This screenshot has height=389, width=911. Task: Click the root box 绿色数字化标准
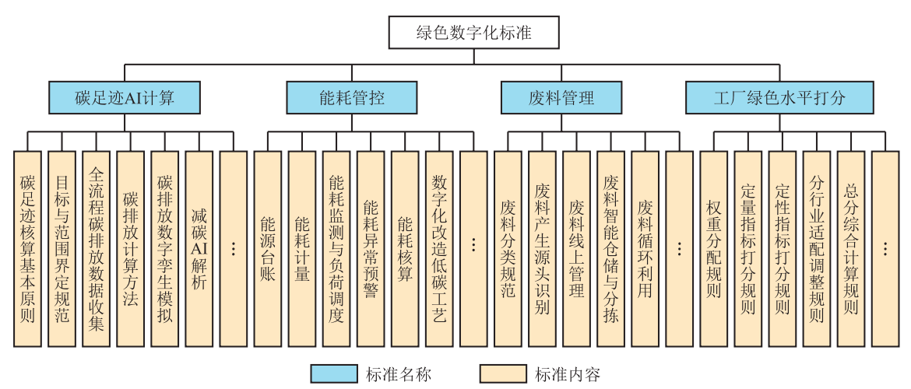click(473, 33)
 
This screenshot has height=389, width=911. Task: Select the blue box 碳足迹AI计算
click(125, 97)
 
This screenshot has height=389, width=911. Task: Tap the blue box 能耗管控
click(351, 97)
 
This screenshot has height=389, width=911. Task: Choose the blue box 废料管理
click(561, 97)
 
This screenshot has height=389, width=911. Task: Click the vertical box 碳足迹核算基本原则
click(28, 249)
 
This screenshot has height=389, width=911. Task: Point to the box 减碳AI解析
click(199, 249)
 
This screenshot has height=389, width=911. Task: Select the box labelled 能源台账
click(268, 249)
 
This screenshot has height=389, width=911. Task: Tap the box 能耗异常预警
click(371, 249)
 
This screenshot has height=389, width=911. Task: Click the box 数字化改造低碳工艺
click(439, 249)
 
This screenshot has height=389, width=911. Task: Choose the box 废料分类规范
click(508, 249)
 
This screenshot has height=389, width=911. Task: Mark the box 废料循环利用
click(645, 249)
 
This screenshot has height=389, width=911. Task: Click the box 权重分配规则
click(713, 249)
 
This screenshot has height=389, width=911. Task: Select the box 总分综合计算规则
click(850, 249)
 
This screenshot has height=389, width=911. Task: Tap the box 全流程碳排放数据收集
click(97, 249)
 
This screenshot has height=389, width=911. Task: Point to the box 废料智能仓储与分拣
click(610, 249)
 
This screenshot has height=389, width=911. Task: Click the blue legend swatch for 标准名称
click(333, 374)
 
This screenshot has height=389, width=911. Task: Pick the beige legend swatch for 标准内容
click(503, 374)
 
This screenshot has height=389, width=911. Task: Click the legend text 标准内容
click(567, 374)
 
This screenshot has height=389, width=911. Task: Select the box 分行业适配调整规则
click(816, 249)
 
